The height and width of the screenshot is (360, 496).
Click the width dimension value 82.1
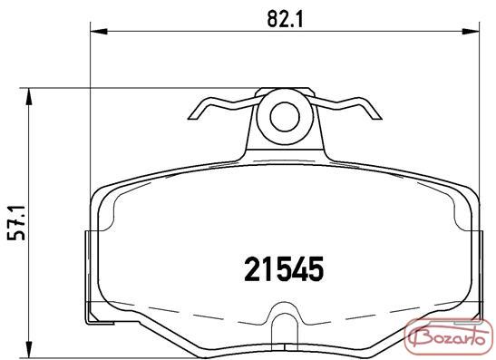click(x=285, y=19)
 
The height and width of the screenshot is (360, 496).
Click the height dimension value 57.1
click(x=16, y=223)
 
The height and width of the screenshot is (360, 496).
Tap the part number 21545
click(x=284, y=269)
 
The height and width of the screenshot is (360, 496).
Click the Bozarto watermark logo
click(x=449, y=336)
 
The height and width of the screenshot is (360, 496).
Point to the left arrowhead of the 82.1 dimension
click(x=99, y=32)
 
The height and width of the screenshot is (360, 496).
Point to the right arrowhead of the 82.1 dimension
click(x=471, y=32)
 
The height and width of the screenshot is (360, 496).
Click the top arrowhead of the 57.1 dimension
click(x=29, y=96)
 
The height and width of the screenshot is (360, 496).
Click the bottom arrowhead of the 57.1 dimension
click(x=29, y=350)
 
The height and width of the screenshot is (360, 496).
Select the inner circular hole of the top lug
click(x=285, y=117)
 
